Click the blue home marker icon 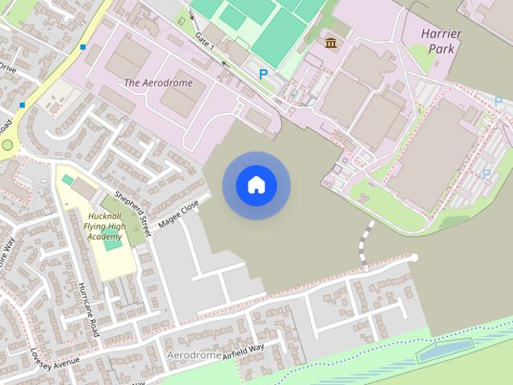tap(256, 185)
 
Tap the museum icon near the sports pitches tap(330, 42)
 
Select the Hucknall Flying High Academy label tap(104, 227)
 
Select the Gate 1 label tap(204, 41)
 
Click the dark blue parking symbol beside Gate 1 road tap(263, 74)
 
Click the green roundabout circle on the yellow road tap(8, 146)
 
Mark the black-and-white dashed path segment tap(366, 241)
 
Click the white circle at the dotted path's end tap(414, 257)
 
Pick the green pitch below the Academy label tap(112, 244)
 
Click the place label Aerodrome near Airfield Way tap(193, 354)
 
